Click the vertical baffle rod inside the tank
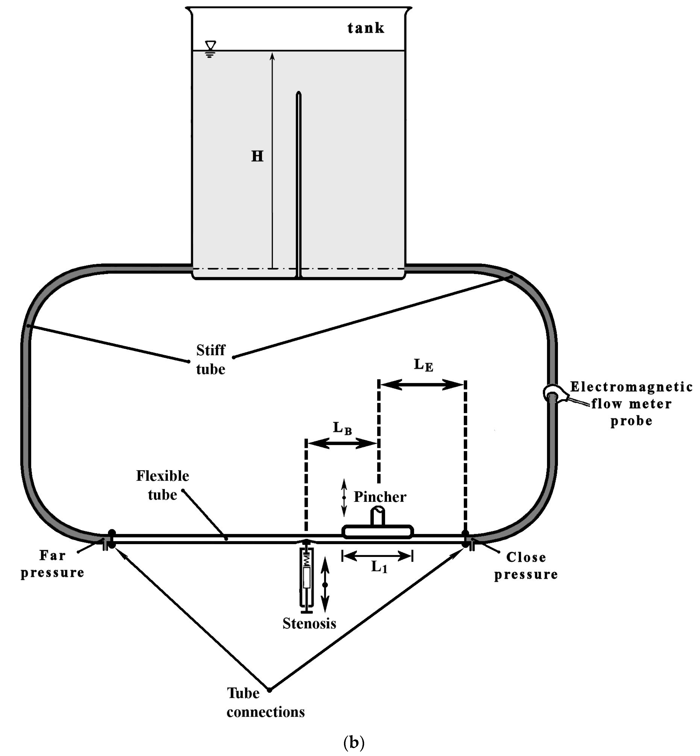tap(299, 182)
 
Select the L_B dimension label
tap(342, 428)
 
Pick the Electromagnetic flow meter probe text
tap(631, 404)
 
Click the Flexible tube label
tap(162, 485)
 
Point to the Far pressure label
tap(52, 564)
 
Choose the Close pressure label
tap(526, 565)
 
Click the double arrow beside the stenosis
tap(325, 585)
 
